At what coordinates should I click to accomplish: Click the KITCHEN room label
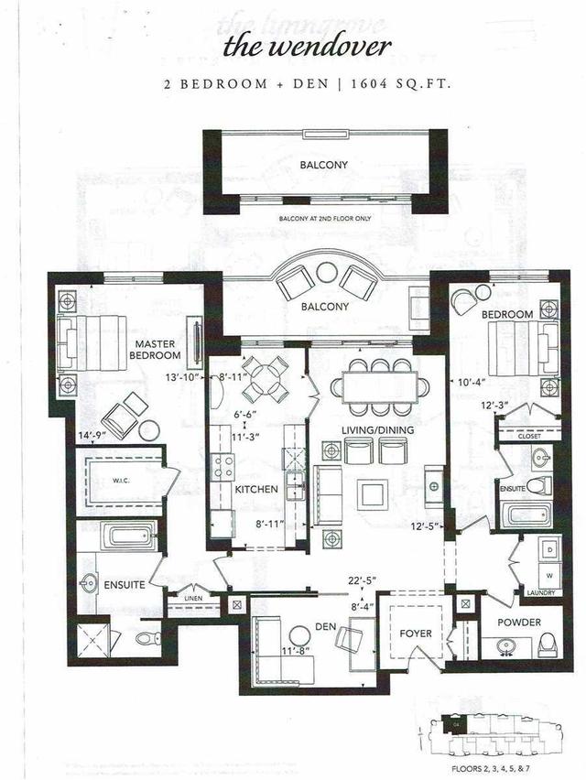(x=255, y=490)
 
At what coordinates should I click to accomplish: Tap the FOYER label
(x=411, y=633)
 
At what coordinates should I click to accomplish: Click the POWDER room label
(x=519, y=622)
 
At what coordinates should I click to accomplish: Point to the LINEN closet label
(x=192, y=599)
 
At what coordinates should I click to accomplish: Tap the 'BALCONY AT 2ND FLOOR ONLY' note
(x=325, y=221)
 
